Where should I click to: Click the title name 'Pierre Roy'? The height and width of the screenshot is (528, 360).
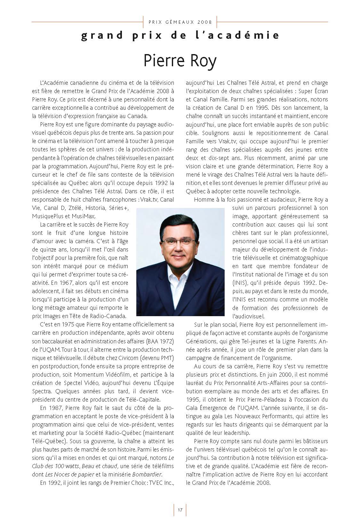point(180,61)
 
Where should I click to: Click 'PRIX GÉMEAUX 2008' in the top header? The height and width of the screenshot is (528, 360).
point(180,22)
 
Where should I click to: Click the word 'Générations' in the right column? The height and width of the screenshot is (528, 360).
point(202,341)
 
